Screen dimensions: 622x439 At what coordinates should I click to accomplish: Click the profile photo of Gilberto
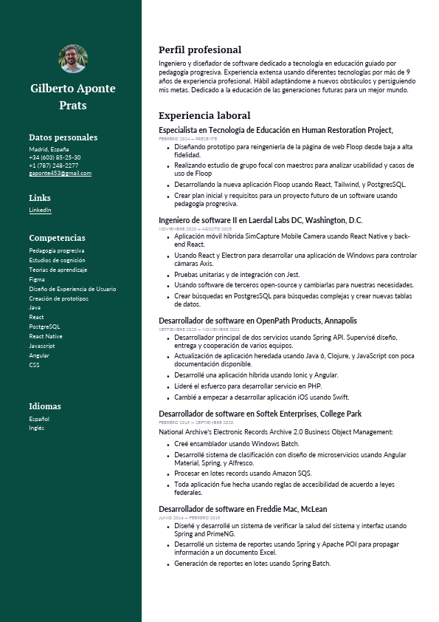pyautogui.click(x=73, y=59)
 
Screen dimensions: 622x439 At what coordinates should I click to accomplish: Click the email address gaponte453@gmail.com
pyautogui.click(x=60, y=173)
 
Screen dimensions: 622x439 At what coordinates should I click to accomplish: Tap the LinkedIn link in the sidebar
pyautogui.click(x=40, y=210)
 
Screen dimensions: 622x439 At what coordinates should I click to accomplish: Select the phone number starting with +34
pyautogui.click(x=55, y=157)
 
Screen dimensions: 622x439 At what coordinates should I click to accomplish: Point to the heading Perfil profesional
pyautogui.click(x=200, y=49)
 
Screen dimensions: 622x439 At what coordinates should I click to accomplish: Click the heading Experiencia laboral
pyautogui.click(x=204, y=115)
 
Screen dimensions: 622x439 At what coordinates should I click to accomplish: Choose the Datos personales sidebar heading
pyautogui.click(x=63, y=137)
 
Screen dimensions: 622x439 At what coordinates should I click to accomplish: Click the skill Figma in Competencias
pyautogui.click(x=36, y=279)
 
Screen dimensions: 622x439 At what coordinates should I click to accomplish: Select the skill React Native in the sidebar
pyautogui.click(x=46, y=336)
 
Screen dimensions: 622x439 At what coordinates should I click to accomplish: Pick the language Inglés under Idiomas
pyautogui.click(x=36, y=428)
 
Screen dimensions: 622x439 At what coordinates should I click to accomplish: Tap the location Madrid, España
pyautogui.click(x=48, y=149)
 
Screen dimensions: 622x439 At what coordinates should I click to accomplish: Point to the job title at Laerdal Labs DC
pyautogui.click(x=260, y=220)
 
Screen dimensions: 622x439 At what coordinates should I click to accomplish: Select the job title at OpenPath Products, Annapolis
pyautogui.click(x=257, y=321)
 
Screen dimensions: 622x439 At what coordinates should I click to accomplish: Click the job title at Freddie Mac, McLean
pyautogui.click(x=243, y=509)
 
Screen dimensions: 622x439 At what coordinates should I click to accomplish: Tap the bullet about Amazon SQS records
pyautogui.click(x=243, y=474)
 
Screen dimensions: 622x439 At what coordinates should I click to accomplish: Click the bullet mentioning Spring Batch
pyautogui.click(x=252, y=563)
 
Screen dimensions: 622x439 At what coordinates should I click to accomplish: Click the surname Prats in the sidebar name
pyautogui.click(x=73, y=105)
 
